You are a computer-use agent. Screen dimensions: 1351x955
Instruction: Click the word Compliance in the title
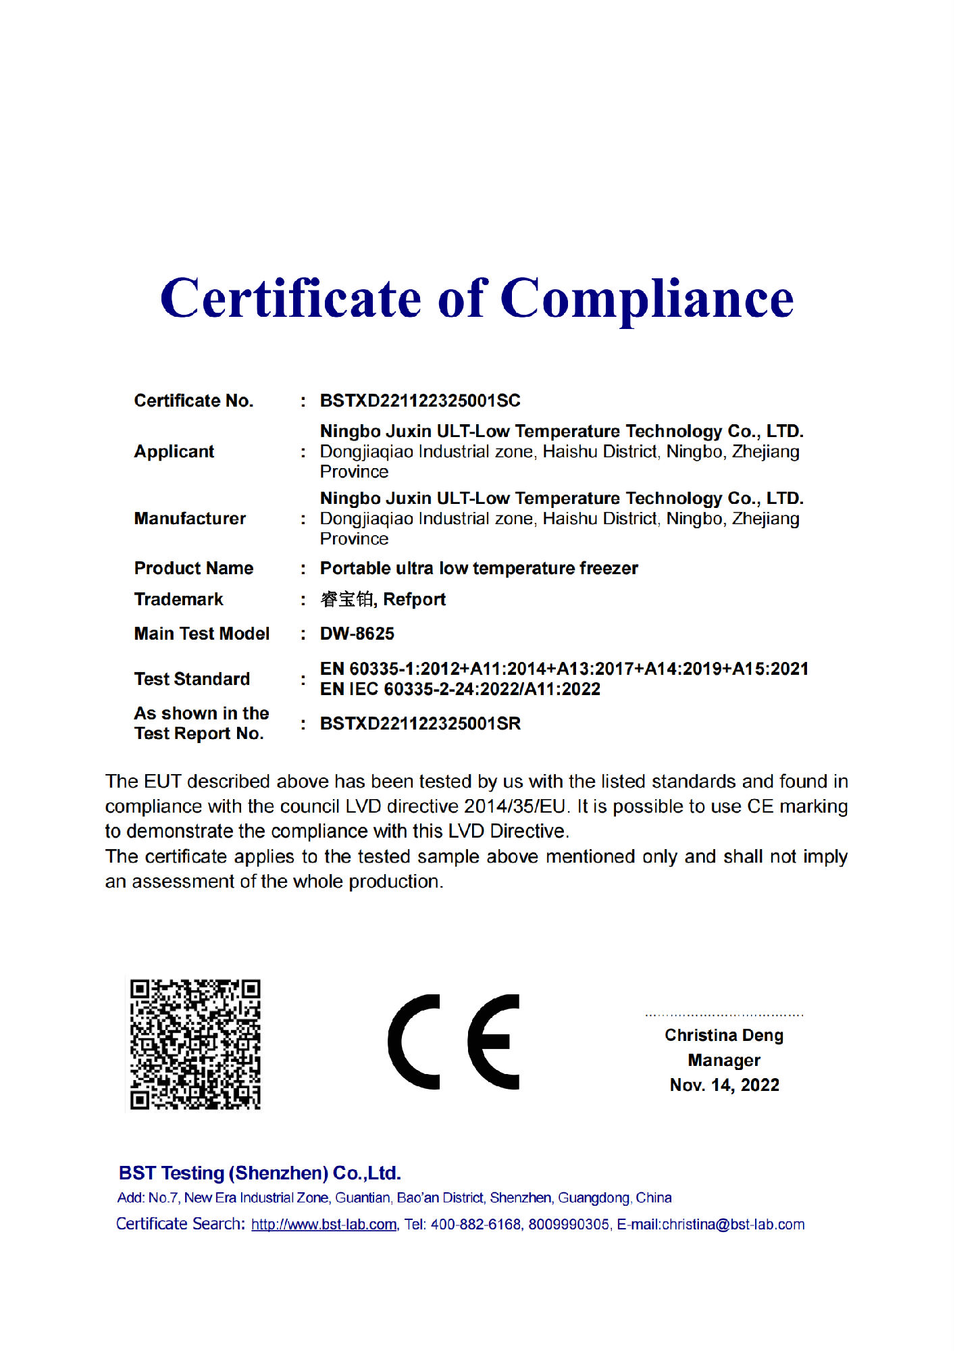tap(647, 299)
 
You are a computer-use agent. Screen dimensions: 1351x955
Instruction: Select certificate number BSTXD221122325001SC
tap(420, 401)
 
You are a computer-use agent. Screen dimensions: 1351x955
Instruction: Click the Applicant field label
tap(174, 451)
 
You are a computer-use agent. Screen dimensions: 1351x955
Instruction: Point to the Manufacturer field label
tap(190, 518)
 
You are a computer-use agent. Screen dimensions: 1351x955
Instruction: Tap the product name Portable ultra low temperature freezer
tap(479, 568)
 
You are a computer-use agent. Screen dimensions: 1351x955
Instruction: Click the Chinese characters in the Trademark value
tap(347, 599)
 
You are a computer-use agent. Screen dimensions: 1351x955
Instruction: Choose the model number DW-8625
tap(357, 634)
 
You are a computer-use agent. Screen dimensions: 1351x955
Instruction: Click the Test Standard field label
tap(192, 679)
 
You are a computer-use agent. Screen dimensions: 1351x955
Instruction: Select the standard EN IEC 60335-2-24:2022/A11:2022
tap(460, 689)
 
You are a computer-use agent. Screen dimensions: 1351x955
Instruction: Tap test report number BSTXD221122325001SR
tap(420, 723)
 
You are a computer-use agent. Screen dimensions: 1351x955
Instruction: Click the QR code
tap(195, 1044)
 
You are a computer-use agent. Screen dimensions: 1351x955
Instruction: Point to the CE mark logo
tap(454, 1042)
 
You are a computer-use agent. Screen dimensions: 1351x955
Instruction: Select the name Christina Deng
tap(724, 1035)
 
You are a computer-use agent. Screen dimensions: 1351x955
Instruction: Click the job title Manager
tap(724, 1060)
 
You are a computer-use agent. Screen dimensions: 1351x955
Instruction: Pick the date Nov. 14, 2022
tap(724, 1085)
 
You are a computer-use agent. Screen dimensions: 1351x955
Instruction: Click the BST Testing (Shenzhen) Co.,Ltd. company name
tap(260, 1173)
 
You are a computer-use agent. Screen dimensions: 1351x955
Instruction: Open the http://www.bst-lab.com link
tap(324, 1225)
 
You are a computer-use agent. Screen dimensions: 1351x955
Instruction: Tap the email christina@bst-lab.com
tap(733, 1225)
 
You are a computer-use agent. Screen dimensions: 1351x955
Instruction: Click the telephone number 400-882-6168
tap(476, 1225)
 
